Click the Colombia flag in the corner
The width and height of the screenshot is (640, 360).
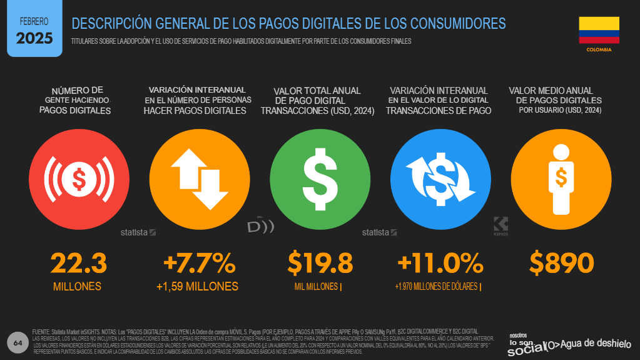[x=599, y=30]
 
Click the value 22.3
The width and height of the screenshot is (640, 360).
[x=78, y=263]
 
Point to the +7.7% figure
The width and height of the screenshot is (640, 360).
[x=198, y=263]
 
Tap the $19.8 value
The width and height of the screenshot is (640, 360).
[x=320, y=263]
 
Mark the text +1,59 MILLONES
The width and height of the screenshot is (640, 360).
[x=197, y=287]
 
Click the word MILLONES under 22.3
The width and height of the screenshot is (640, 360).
[x=77, y=287]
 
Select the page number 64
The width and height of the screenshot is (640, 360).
[x=17, y=342]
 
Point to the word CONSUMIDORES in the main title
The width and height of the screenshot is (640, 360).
[x=457, y=24]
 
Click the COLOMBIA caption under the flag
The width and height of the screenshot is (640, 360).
[x=599, y=49]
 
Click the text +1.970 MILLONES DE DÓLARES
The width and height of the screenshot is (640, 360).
[x=437, y=287]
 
